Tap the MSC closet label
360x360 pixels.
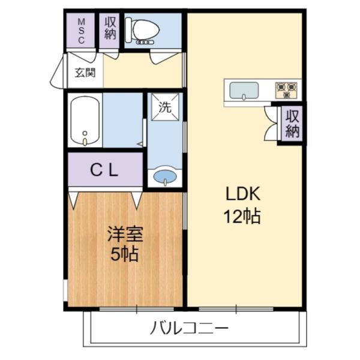82,29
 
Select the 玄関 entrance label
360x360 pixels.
85,73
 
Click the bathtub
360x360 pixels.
85,120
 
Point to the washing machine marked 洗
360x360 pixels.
164,107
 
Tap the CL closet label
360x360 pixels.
104,170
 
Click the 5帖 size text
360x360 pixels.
125,254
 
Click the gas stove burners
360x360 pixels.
286,90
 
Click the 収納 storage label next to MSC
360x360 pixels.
110,29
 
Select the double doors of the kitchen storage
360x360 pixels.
269,124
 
